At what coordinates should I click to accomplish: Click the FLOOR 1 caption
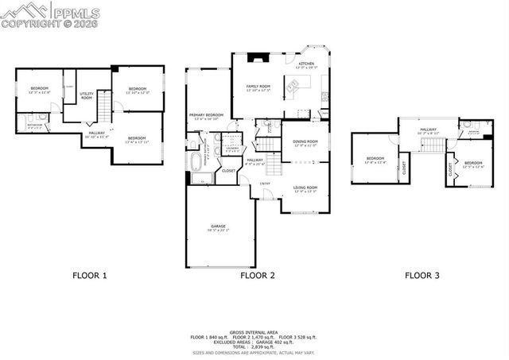click(x=89, y=276)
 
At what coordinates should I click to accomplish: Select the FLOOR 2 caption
click(x=257, y=276)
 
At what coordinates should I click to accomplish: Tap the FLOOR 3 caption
click(x=422, y=276)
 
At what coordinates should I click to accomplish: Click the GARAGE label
click(x=218, y=228)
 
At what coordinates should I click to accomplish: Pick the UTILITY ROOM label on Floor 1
click(x=86, y=96)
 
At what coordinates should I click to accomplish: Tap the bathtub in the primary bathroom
click(x=196, y=165)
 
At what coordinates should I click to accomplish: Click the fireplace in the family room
click(x=254, y=57)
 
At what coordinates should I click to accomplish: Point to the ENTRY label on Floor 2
click(x=264, y=184)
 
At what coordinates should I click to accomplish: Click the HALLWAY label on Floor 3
click(x=428, y=130)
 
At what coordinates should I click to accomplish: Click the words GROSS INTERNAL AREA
click(x=254, y=332)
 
